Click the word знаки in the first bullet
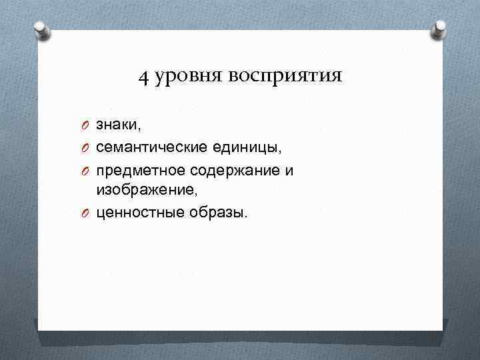click(x=117, y=125)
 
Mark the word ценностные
click(x=137, y=213)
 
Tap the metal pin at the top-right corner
click(x=439, y=29)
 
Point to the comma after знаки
click(x=140, y=129)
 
